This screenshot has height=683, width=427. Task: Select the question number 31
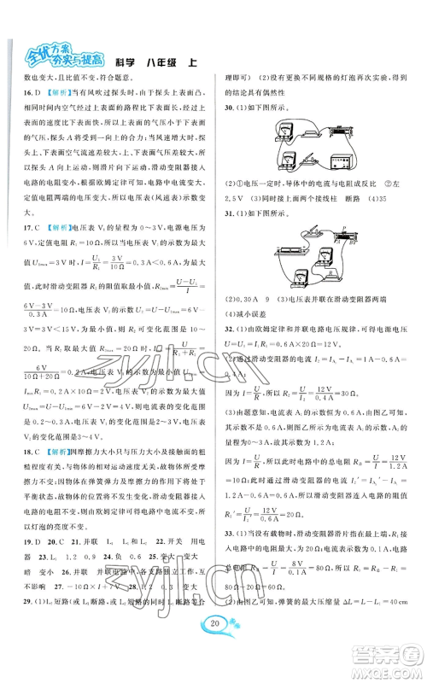click(x=226, y=238)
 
